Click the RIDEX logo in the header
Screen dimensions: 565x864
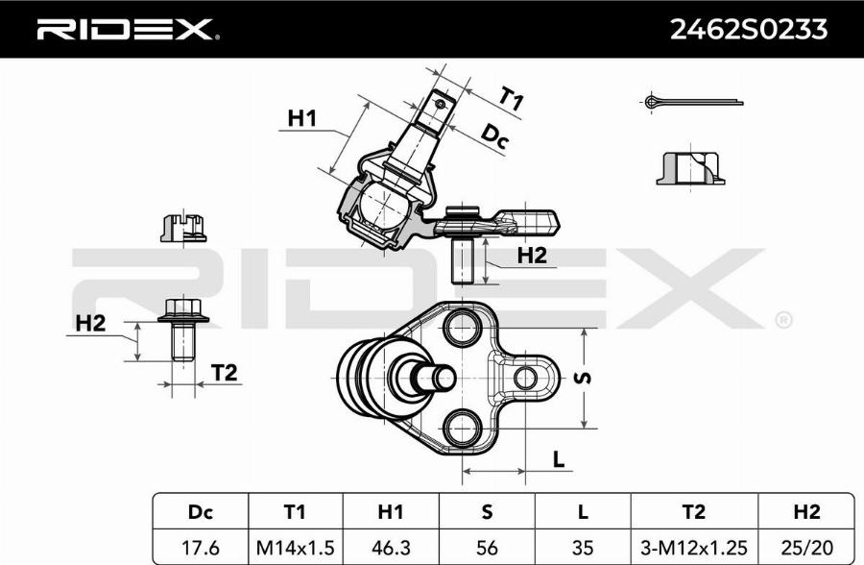coord(126,30)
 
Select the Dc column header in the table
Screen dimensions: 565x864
coord(200,510)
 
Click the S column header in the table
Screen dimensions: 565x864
coord(488,510)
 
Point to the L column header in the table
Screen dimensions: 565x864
coord(584,510)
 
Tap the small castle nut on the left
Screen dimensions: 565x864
coord(182,228)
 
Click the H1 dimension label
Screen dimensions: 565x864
coord(302,118)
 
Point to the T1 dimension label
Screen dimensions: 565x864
coord(511,98)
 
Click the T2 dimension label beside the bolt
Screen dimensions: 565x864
coord(224,373)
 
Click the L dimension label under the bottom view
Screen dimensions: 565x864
coord(558,459)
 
